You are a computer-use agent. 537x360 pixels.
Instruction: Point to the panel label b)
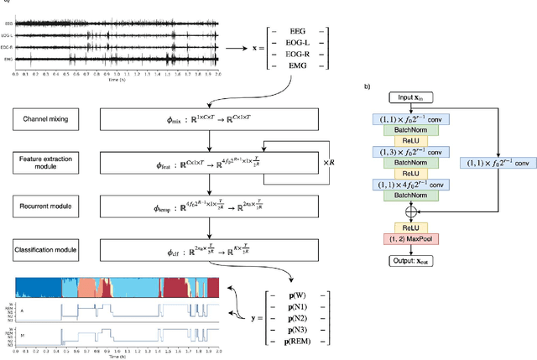tap(366, 86)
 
